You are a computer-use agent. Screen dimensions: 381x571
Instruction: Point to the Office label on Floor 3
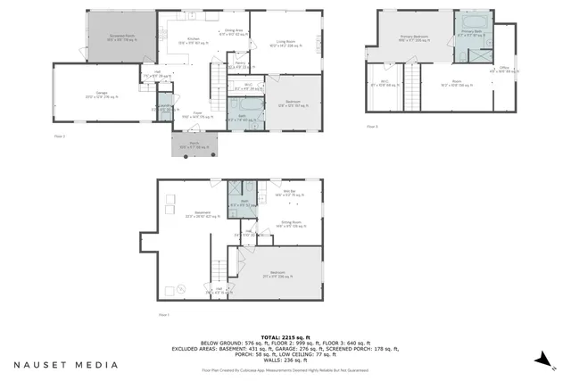click(x=504, y=69)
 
